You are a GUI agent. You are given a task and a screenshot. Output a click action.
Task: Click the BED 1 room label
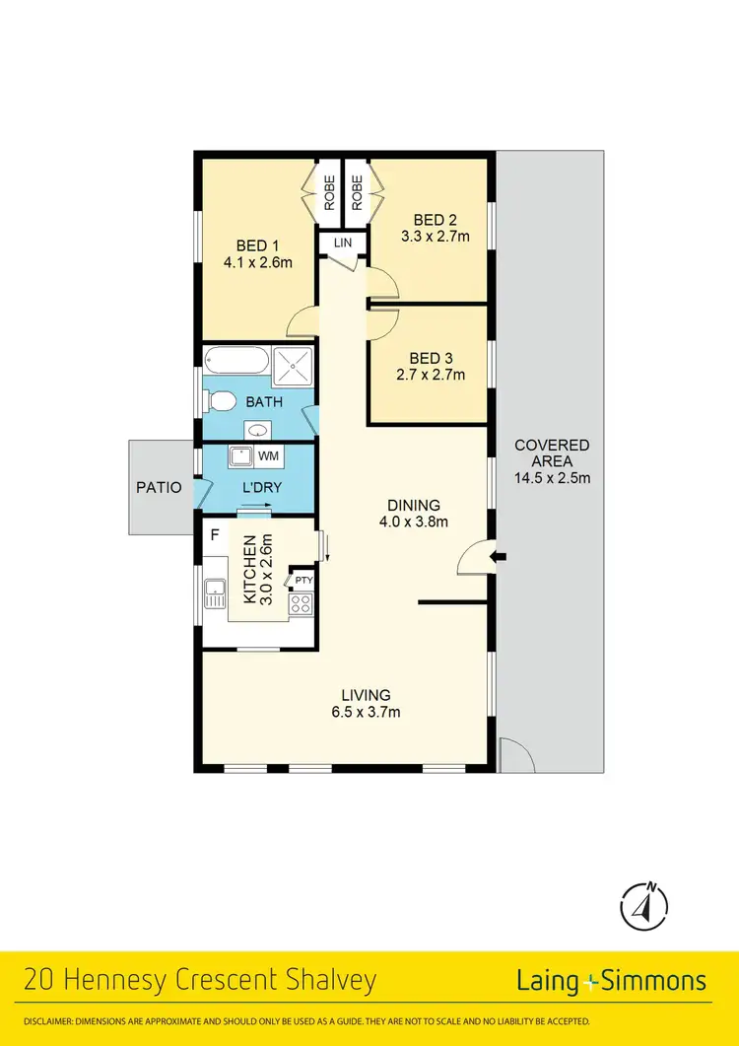pyautogui.click(x=250, y=245)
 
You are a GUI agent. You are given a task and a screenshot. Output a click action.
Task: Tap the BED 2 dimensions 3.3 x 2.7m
pyautogui.click(x=435, y=236)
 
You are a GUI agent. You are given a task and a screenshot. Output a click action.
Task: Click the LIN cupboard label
pyautogui.click(x=341, y=243)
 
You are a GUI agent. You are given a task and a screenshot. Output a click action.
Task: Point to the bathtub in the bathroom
pyautogui.click(x=235, y=362)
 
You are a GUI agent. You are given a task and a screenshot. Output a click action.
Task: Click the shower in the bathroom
pyautogui.click(x=293, y=364)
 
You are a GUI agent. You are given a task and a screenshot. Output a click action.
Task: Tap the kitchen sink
pyautogui.click(x=215, y=593)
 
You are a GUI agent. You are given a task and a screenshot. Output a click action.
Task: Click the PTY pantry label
pyautogui.click(x=303, y=582)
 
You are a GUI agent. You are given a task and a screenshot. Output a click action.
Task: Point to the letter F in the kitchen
pyautogui.click(x=213, y=535)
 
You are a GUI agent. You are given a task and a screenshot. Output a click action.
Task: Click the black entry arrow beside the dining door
pyautogui.click(x=500, y=558)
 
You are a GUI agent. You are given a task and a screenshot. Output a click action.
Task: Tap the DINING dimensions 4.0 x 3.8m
pyautogui.click(x=413, y=523)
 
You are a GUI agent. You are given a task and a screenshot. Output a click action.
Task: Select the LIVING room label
pyautogui.click(x=366, y=694)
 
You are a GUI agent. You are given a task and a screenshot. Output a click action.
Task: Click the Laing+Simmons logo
pyautogui.click(x=611, y=980)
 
